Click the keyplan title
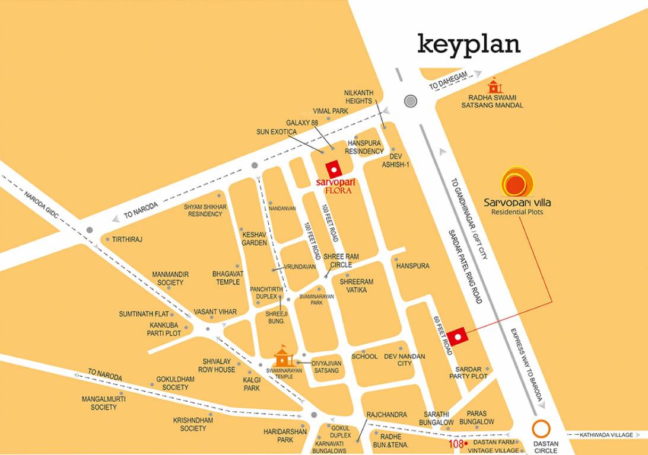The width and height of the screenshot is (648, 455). point(469,44)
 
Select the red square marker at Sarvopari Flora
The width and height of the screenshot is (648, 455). point(333,169)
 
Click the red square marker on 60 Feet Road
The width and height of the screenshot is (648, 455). point(458,337)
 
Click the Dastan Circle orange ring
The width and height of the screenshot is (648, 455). point(541,428)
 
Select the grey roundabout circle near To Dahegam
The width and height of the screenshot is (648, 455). point(410,101)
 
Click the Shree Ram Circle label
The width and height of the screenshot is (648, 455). point(337,260)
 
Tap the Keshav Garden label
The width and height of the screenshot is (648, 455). point(255,238)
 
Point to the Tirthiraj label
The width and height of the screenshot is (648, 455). point(127,239)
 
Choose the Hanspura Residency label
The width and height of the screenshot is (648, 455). point(365,148)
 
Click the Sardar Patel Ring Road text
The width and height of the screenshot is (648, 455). point(465,267)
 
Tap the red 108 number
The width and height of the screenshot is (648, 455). point(455,443)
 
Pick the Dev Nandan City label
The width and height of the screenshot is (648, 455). point(405,360)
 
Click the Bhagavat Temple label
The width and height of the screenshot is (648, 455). point(228,278)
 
